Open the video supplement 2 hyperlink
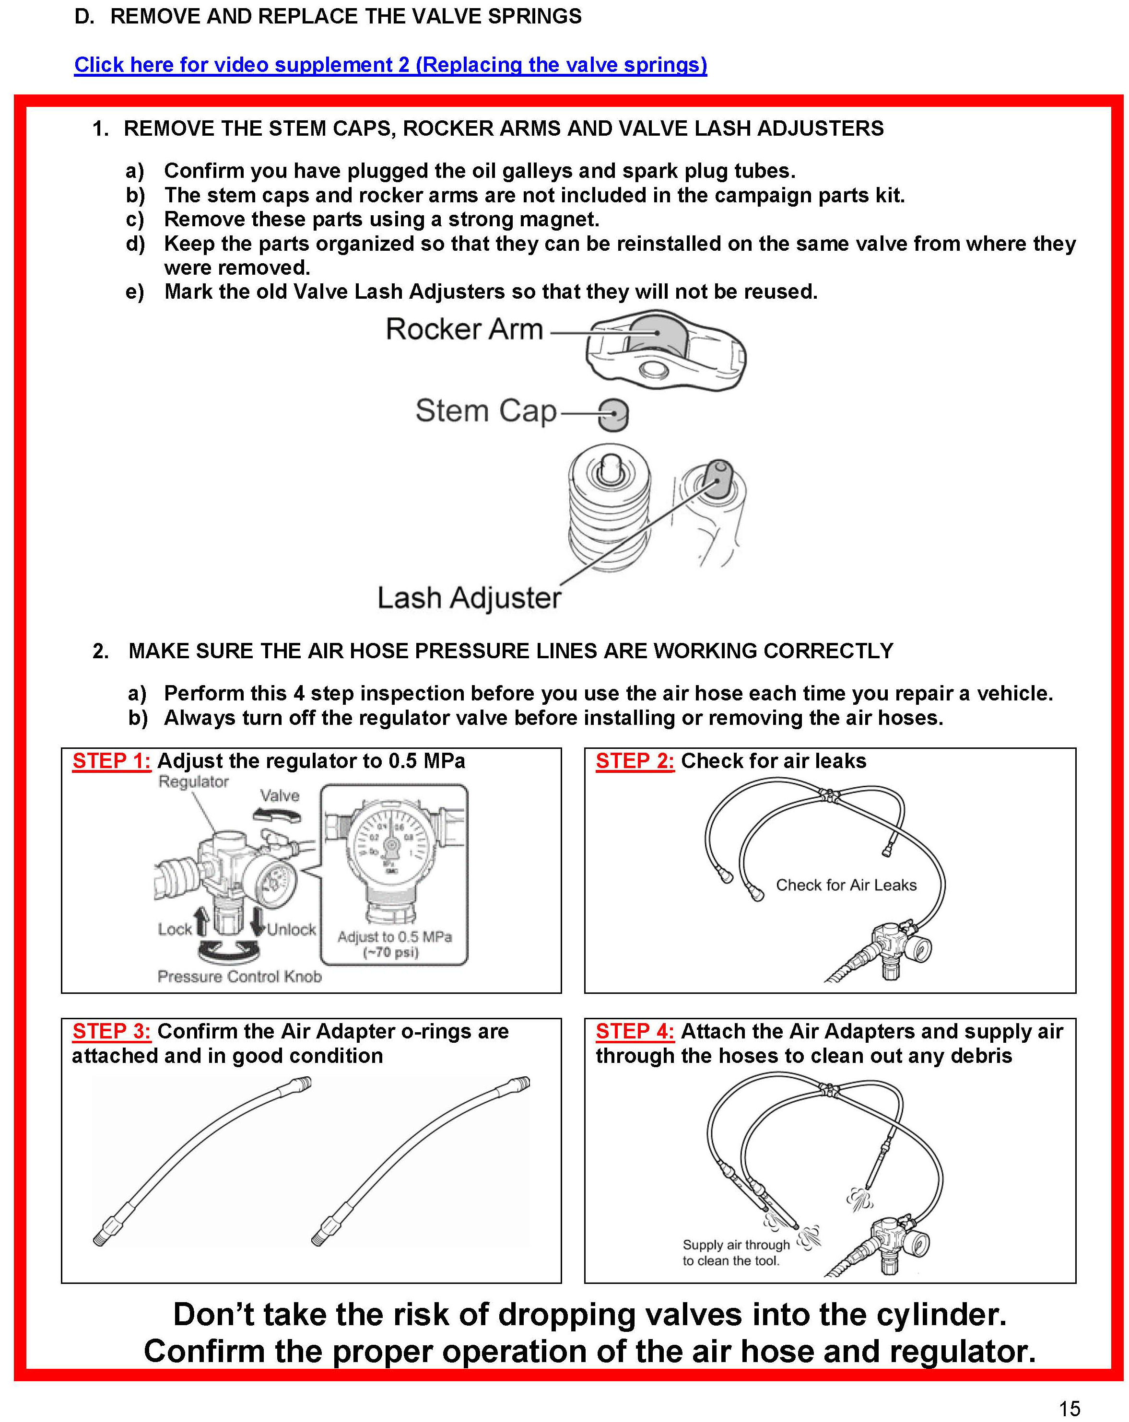click(390, 65)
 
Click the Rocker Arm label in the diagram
click(464, 329)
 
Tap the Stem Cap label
click(486, 411)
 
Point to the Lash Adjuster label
click(469, 597)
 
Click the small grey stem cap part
click(612, 414)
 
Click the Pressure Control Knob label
click(239, 976)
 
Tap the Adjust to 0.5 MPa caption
click(395, 937)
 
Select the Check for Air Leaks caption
click(846, 885)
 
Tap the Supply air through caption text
click(736, 1245)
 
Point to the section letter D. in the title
click(84, 16)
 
